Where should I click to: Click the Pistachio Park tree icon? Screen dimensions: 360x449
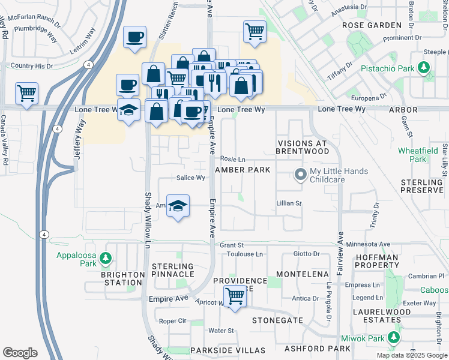[x=424, y=68]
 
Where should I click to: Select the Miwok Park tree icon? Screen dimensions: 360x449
[x=394, y=336]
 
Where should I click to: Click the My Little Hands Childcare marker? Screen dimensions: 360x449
[x=299, y=175]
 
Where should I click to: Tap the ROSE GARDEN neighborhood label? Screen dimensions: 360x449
[x=372, y=25]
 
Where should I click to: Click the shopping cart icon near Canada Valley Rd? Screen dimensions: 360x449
[x=27, y=94]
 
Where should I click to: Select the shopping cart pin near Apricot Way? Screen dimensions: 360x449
[x=235, y=296]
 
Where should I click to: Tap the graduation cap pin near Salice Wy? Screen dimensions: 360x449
[x=177, y=206]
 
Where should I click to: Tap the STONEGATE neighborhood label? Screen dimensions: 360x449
[x=277, y=320]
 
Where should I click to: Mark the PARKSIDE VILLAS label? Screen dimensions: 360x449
[x=228, y=350]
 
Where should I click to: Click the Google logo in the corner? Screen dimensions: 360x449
[x=20, y=353]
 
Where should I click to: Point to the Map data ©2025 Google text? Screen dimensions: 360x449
[x=411, y=355]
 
